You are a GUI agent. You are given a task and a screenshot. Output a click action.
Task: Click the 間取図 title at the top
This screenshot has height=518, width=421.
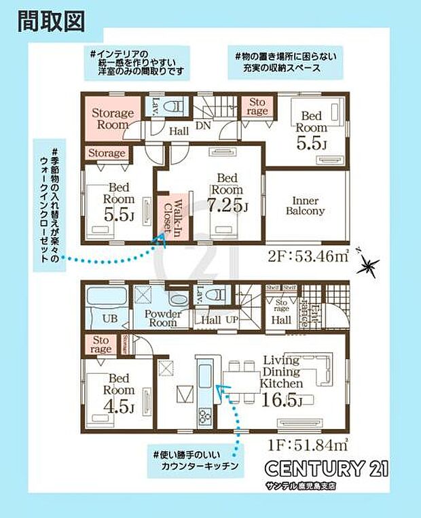51,20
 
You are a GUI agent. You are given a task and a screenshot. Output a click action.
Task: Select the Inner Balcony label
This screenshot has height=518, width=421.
309,205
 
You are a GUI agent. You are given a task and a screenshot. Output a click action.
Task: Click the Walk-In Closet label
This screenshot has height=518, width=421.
170,217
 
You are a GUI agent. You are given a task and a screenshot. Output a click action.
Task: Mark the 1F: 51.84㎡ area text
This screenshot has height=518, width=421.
307,446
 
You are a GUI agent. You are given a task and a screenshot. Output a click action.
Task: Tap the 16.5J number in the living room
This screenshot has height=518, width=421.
281,402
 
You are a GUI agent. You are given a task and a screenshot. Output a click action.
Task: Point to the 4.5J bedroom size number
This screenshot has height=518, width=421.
120,408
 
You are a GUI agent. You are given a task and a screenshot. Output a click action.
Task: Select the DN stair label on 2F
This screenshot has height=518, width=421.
202,125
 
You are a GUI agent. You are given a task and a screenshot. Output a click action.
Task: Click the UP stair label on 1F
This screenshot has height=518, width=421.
230,319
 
